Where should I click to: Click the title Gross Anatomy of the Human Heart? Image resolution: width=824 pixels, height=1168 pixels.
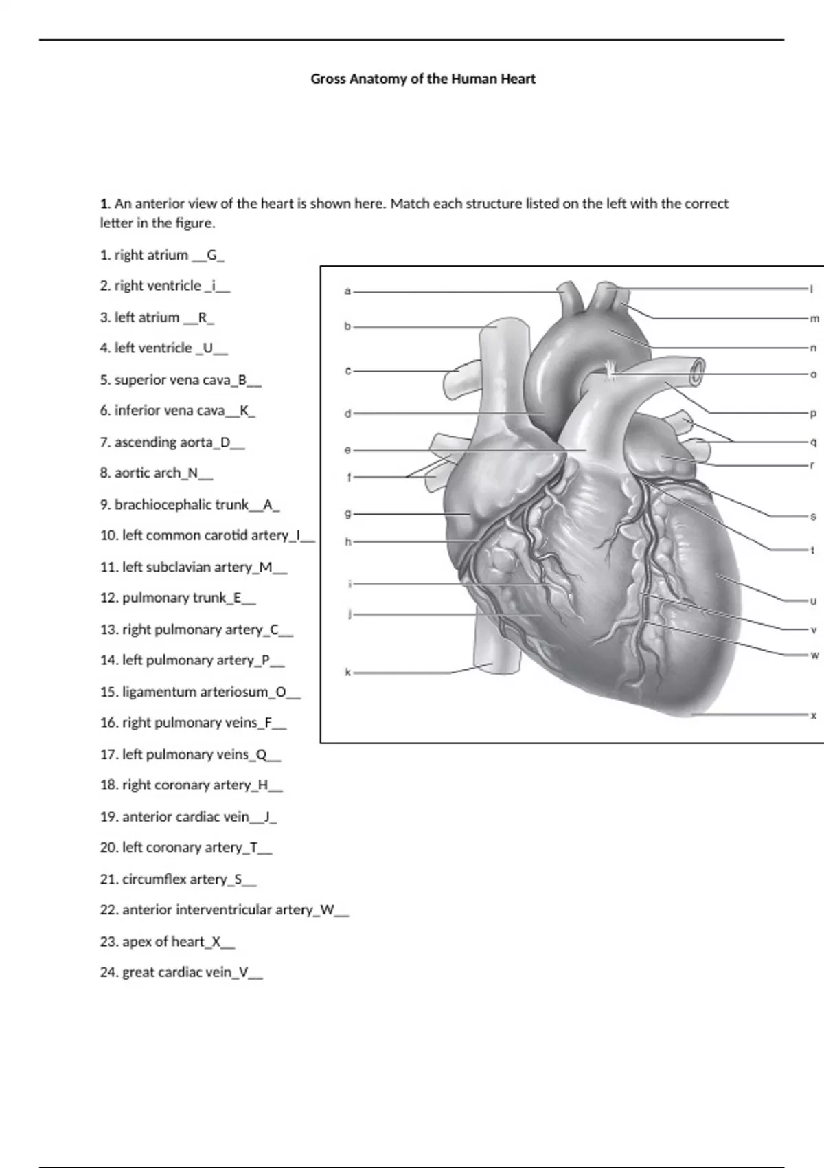[x=422, y=79]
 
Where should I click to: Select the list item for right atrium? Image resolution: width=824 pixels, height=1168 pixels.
[x=162, y=256]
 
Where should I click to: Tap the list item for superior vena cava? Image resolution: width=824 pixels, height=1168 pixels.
[x=180, y=380]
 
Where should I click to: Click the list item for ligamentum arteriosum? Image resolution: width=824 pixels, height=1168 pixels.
[x=200, y=692]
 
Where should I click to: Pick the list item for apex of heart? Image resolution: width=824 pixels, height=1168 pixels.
[x=167, y=942]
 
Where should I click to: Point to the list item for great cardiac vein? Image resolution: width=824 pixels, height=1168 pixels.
[x=181, y=973]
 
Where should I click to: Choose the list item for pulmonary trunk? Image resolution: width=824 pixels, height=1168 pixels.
[x=177, y=598]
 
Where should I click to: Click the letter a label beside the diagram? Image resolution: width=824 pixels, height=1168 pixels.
[x=347, y=291]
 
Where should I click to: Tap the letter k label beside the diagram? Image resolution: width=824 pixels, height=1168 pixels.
[x=347, y=673]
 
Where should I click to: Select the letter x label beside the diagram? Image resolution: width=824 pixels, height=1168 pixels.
[x=814, y=715]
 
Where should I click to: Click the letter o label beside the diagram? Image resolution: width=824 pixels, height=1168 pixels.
[x=814, y=374]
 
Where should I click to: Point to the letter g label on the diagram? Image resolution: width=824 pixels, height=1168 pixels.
[x=347, y=513]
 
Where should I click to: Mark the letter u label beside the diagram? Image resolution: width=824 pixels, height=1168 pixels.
[x=814, y=601]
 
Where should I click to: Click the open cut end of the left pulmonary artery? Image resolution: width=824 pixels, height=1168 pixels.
[x=698, y=370]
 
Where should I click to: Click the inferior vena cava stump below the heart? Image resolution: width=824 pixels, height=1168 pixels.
[x=494, y=656]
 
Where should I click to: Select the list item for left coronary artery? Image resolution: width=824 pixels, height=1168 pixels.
[x=185, y=848]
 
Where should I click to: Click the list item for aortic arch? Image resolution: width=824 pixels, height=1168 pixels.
[x=156, y=473]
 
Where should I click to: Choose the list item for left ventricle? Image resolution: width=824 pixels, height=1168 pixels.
[x=163, y=348]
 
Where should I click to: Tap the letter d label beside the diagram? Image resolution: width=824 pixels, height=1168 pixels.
[x=347, y=414]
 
